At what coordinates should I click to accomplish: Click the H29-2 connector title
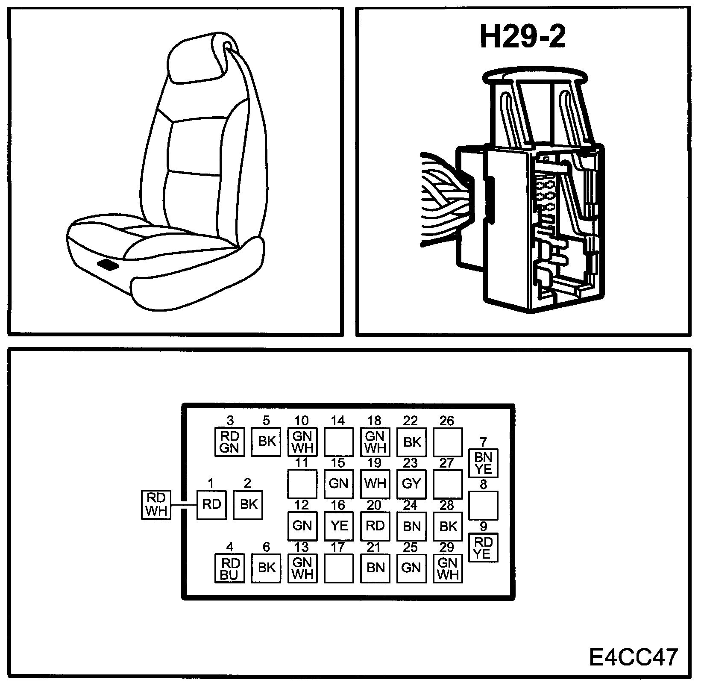click(x=522, y=37)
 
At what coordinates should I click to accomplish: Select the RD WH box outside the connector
click(x=156, y=505)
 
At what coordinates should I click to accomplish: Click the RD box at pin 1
click(x=211, y=505)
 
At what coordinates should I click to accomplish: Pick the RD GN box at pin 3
click(x=229, y=442)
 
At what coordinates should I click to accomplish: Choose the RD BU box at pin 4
click(x=229, y=568)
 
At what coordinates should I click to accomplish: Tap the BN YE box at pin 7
click(x=483, y=463)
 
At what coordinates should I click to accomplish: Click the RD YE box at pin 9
click(x=483, y=548)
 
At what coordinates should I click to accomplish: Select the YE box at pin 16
click(x=339, y=526)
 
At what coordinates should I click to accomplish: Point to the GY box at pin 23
click(x=411, y=484)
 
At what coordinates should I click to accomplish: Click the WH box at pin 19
click(x=375, y=484)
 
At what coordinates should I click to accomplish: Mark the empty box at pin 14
click(x=339, y=442)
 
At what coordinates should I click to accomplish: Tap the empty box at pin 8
click(x=483, y=506)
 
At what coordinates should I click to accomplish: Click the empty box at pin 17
click(x=339, y=568)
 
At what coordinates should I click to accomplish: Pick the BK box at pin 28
click(x=448, y=526)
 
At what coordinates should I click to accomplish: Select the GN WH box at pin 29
click(x=448, y=568)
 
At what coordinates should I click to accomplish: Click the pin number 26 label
click(x=447, y=421)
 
